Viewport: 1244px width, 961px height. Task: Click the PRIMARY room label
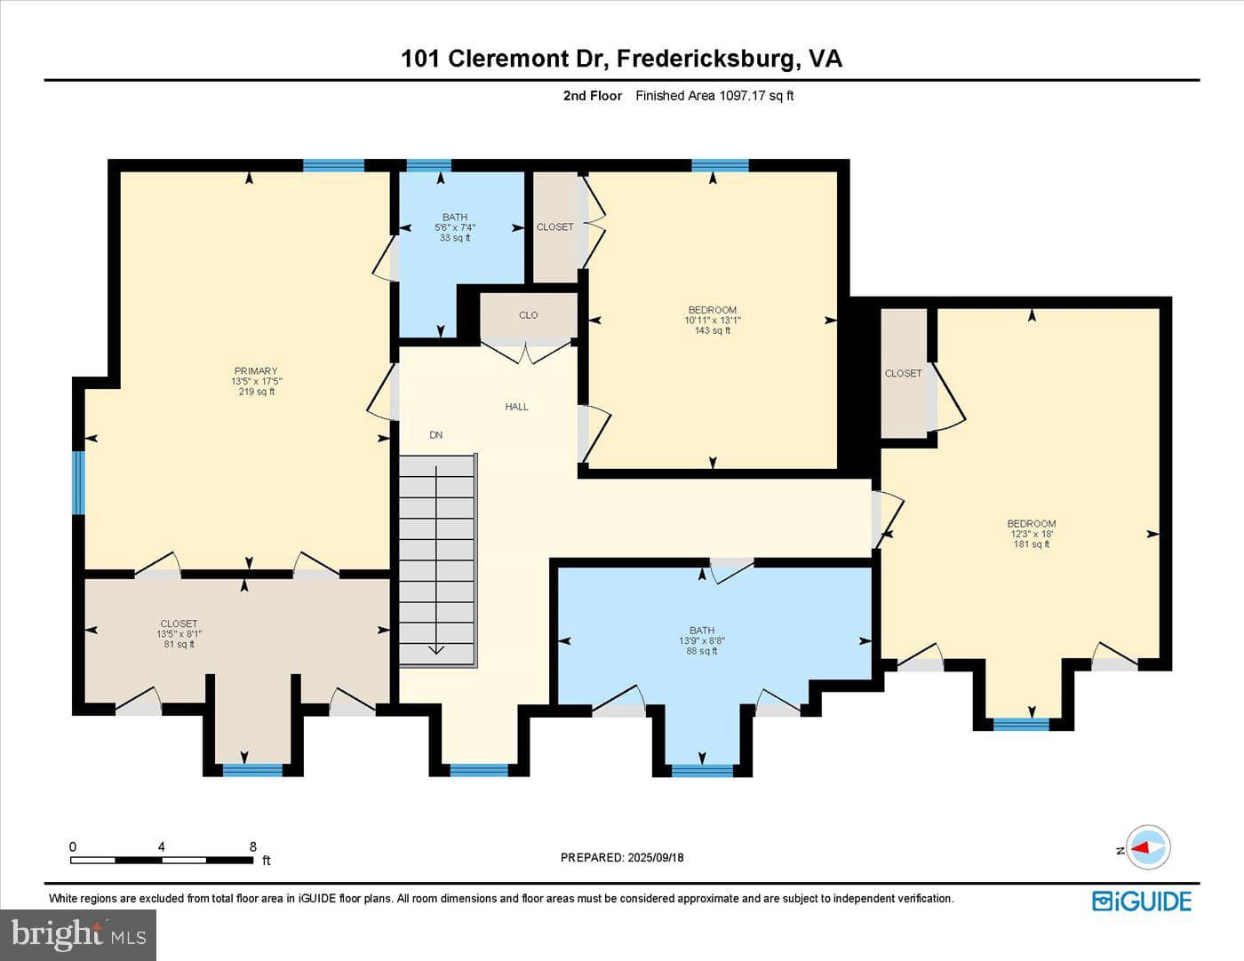[x=256, y=370]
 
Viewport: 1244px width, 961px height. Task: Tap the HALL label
[x=516, y=407]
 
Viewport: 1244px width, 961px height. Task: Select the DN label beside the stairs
[x=436, y=434]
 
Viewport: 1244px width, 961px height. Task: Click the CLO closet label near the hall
[x=529, y=315]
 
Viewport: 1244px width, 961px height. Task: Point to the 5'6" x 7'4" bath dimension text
[x=455, y=227]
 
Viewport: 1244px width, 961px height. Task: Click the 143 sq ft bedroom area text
[x=713, y=330]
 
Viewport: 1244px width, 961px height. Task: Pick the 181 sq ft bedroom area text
[x=1032, y=544]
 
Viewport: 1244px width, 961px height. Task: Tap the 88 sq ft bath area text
[x=702, y=651]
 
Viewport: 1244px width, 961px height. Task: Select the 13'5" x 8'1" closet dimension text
[x=179, y=634]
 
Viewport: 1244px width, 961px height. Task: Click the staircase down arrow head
[x=437, y=650]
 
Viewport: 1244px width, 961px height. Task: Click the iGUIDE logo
[x=1142, y=901]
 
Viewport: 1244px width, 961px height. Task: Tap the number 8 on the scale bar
[x=253, y=846]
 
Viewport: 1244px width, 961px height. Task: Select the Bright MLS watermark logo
[x=78, y=934]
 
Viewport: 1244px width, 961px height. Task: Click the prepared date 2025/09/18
[x=656, y=857]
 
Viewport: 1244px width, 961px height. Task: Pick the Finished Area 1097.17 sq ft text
[x=714, y=96]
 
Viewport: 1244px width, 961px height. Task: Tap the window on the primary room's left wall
[x=78, y=483]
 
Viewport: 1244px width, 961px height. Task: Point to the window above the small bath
[x=429, y=165]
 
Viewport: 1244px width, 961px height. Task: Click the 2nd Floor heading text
[x=593, y=96]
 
